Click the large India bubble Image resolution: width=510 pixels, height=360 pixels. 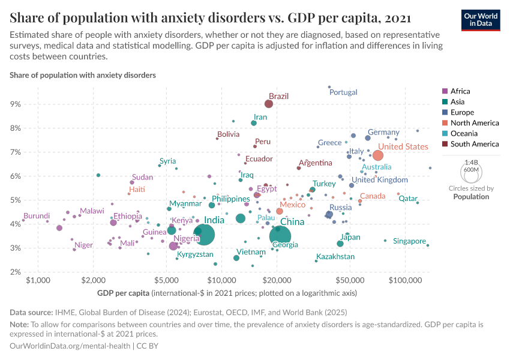tap(205, 234)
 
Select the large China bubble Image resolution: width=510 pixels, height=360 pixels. tap(280, 236)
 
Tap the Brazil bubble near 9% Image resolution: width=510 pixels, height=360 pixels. tap(269, 104)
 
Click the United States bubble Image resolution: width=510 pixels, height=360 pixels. tap(378, 155)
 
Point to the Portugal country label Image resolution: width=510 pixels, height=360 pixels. tap(343, 92)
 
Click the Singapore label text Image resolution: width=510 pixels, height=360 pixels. tap(409, 241)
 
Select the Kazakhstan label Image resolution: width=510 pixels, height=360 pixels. tap(335, 257)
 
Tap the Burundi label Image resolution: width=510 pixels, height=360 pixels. tap(37, 216)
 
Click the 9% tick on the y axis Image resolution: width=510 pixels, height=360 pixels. tap(16, 104)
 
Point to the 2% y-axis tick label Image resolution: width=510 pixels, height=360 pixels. tap(16, 272)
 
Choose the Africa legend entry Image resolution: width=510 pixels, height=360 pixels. tap(460, 91)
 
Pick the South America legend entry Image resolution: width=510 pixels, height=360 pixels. tap(474, 144)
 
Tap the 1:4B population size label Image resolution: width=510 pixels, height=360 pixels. tap(472, 163)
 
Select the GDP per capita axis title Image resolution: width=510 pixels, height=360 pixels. tap(123, 293)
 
